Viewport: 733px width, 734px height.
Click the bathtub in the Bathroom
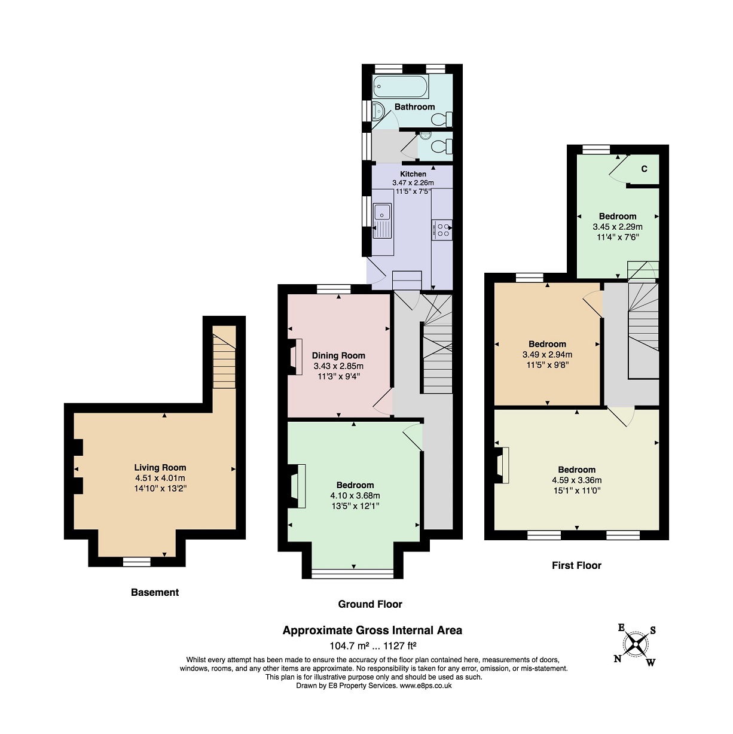(401, 87)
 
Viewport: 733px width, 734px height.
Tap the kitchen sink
(383, 221)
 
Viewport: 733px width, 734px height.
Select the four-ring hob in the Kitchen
(442, 230)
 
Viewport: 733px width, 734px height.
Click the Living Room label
(160, 467)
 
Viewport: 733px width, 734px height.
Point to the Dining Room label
(338, 355)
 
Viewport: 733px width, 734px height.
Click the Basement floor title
(155, 592)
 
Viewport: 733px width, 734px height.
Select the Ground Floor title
(370, 604)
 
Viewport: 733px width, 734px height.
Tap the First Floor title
(576, 565)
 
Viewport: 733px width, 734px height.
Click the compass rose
(635, 645)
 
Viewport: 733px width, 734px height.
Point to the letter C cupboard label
(644, 169)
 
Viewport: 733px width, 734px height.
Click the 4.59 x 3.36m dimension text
(577, 480)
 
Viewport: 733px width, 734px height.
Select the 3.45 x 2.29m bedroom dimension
(618, 227)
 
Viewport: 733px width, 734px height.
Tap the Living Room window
(136, 562)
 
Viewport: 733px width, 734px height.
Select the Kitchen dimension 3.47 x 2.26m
(413, 183)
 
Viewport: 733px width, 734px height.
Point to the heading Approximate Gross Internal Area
(372, 631)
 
